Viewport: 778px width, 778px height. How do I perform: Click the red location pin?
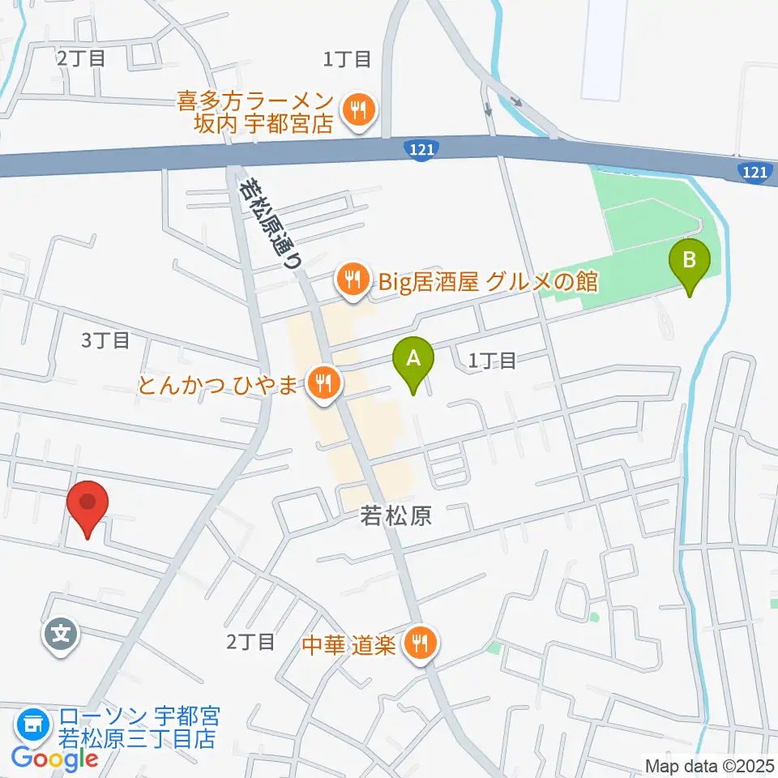pos(90,507)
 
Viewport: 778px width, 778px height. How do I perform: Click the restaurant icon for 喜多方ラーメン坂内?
pos(357,111)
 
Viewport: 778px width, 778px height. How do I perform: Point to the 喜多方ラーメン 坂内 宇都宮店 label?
pos(256,113)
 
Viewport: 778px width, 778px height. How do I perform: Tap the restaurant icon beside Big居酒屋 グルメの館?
pos(353,281)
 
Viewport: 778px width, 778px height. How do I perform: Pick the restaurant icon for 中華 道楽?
pos(420,644)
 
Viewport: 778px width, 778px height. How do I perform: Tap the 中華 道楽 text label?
pos(348,645)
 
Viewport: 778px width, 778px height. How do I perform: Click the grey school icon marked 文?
pos(62,631)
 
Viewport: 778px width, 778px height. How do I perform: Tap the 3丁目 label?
pos(105,340)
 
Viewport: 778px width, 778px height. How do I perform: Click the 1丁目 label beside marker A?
pos(493,360)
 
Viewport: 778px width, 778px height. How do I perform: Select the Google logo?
pos(54,759)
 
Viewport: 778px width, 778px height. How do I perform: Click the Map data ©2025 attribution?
pos(708,764)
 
